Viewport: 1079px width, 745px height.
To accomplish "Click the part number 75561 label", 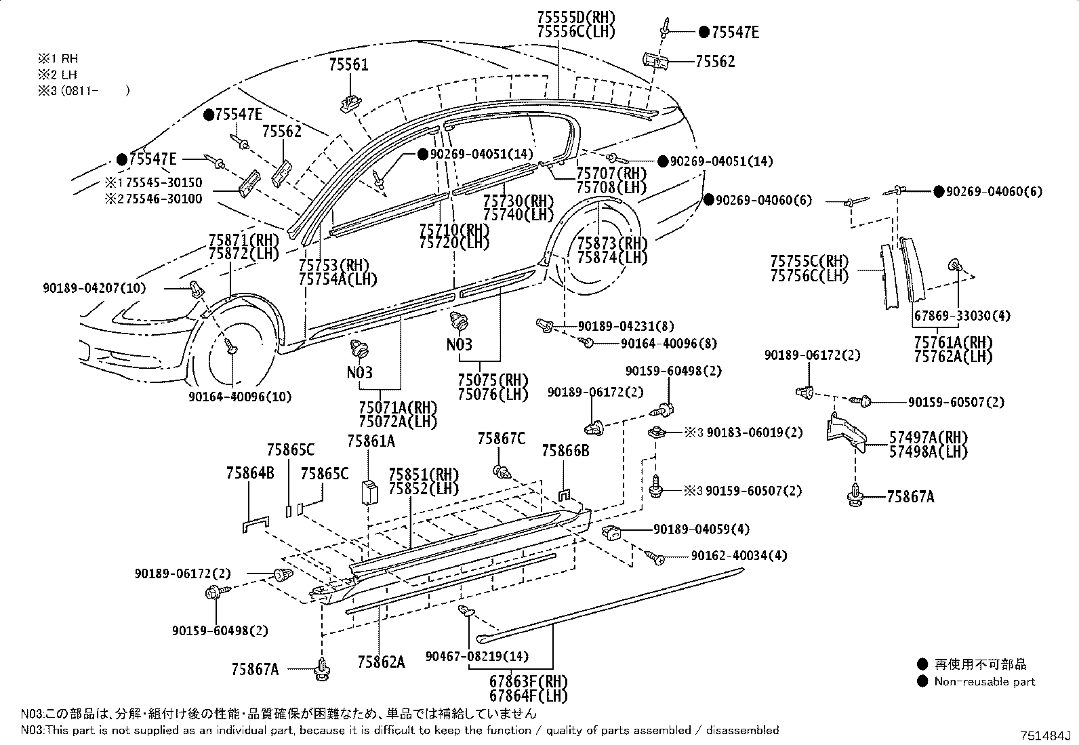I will [x=348, y=65].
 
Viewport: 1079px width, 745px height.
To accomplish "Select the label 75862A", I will [x=381, y=662].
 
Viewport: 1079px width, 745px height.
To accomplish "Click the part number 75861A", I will [x=371, y=441].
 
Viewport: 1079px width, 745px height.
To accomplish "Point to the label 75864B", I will [x=250, y=473].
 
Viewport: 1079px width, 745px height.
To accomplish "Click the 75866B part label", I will [x=565, y=451].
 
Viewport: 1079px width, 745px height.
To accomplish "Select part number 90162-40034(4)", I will [x=739, y=556].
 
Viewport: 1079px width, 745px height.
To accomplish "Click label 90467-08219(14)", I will [x=477, y=656].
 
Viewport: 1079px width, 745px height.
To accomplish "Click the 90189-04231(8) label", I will [x=626, y=326].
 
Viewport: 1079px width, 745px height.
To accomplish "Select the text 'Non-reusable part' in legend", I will [x=985, y=682].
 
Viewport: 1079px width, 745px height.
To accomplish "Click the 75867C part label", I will [x=501, y=439].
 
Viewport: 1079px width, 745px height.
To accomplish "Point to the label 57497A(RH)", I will [x=928, y=437].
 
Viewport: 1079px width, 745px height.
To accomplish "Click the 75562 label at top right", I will [x=715, y=62].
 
